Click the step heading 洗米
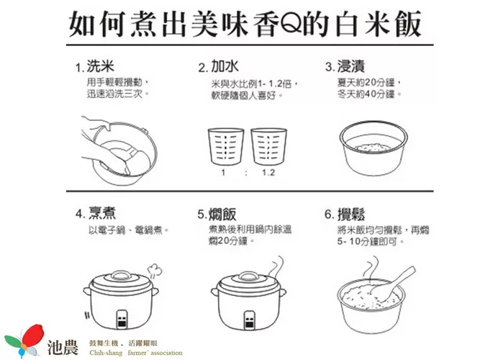coord(101,66)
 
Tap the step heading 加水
coord(225,66)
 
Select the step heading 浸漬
coord(350,66)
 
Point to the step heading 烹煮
coord(102,213)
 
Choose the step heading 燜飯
coord(222,214)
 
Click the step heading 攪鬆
coord(351,214)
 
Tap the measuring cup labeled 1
coord(226,146)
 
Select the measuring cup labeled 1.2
coord(268,146)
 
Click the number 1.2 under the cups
coord(268,173)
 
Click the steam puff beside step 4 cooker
coord(154,270)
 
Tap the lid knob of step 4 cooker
coord(120,275)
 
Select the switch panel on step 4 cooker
coord(122,319)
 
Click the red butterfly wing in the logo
coord(34,336)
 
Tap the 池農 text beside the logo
coord(63,347)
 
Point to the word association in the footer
coord(166,353)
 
